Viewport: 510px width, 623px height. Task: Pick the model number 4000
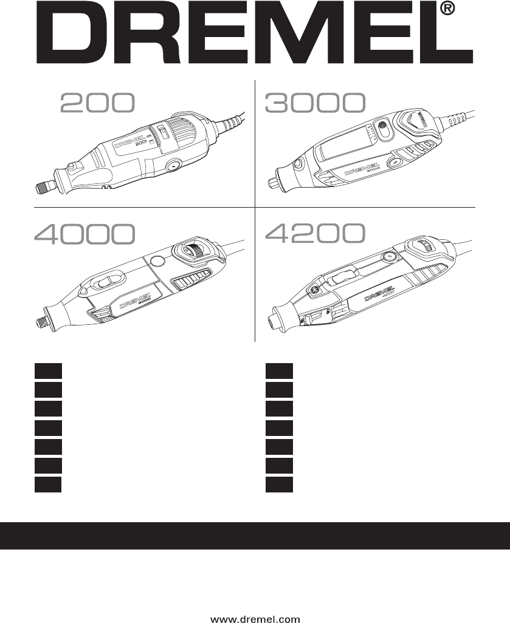[84, 234]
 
